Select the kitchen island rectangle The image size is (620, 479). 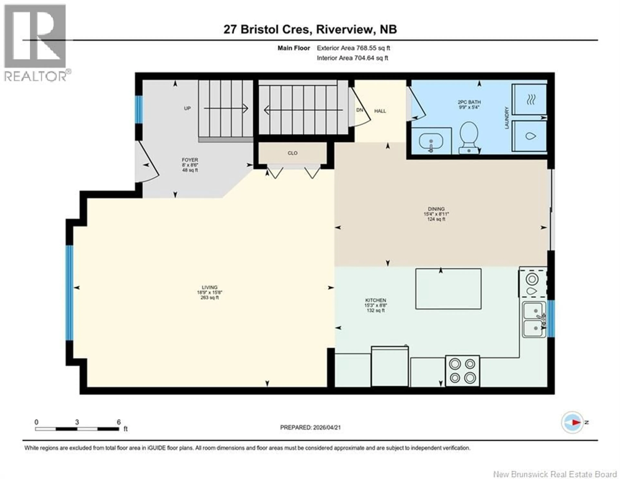pos(448,289)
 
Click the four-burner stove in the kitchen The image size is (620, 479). pos(462,371)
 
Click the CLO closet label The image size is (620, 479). pos(292,153)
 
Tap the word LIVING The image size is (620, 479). pos(210,287)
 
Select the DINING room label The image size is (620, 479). pos(436,209)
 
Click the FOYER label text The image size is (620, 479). pos(190,160)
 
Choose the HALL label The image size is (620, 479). pos(380,111)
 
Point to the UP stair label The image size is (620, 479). pos(187,108)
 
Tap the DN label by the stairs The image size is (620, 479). pos(359,110)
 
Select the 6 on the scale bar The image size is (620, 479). pos(119,422)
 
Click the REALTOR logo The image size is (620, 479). pos(36,43)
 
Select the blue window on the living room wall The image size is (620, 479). pos(70,293)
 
